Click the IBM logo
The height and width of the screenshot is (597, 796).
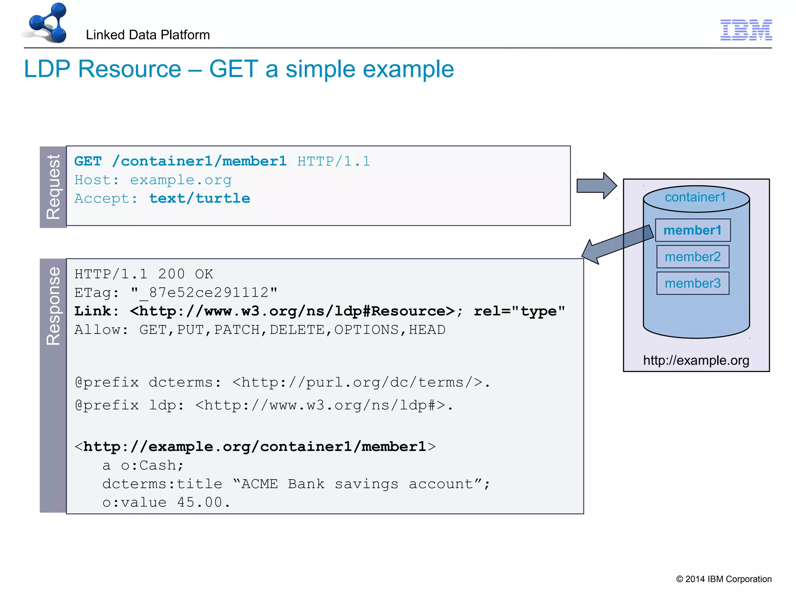click(x=746, y=30)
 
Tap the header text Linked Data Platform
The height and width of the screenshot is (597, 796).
click(x=148, y=35)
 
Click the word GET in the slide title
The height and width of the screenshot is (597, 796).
click(x=234, y=69)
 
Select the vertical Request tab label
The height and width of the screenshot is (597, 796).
click(x=53, y=187)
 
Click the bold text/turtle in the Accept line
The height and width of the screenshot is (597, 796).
click(x=200, y=199)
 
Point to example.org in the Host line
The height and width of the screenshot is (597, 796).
click(x=181, y=180)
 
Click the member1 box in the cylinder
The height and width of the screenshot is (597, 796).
click(x=693, y=230)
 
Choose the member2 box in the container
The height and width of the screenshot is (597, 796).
click(x=693, y=257)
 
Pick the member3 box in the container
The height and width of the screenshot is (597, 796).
click(x=693, y=283)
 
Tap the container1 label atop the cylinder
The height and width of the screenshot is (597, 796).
click(x=695, y=197)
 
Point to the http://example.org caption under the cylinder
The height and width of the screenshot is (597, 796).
click(x=696, y=360)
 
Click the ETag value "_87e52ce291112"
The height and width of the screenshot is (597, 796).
click(x=204, y=293)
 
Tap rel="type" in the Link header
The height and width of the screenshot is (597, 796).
click(x=519, y=311)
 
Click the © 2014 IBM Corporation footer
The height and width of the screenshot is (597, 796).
click(x=724, y=579)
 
